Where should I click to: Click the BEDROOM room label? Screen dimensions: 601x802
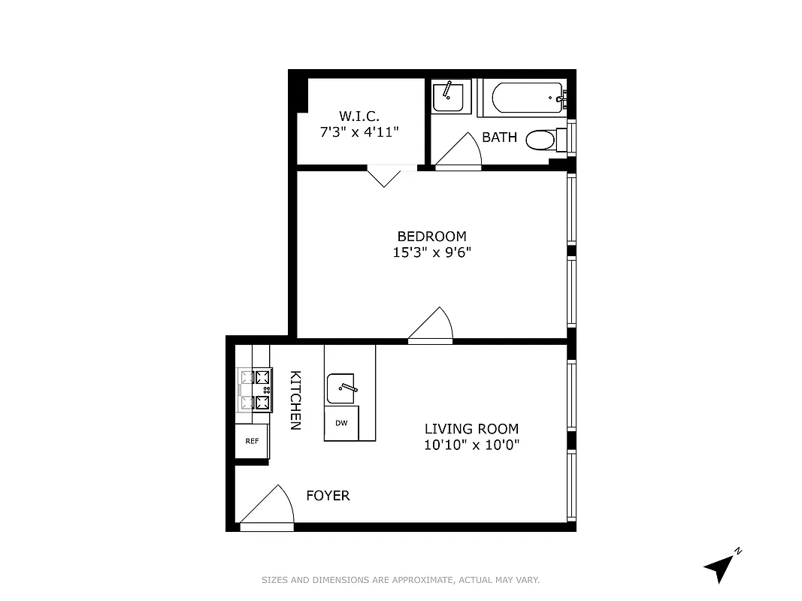(431, 236)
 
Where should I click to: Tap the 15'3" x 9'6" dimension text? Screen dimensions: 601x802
(431, 252)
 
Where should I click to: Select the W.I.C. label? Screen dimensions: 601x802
(359, 116)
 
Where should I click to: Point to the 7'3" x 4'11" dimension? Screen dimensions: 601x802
(359, 132)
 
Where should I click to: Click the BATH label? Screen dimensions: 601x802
(499, 137)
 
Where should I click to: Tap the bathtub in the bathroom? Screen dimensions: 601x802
(527, 98)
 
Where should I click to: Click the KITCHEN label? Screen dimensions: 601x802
(296, 400)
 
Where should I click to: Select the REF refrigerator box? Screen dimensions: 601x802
(252, 441)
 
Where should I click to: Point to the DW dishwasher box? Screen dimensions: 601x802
(341, 423)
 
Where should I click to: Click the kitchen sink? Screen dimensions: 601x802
(343, 388)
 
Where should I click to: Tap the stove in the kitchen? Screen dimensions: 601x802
(255, 390)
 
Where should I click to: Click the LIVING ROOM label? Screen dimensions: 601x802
(471, 429)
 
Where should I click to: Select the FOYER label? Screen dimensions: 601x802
(328, 496)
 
